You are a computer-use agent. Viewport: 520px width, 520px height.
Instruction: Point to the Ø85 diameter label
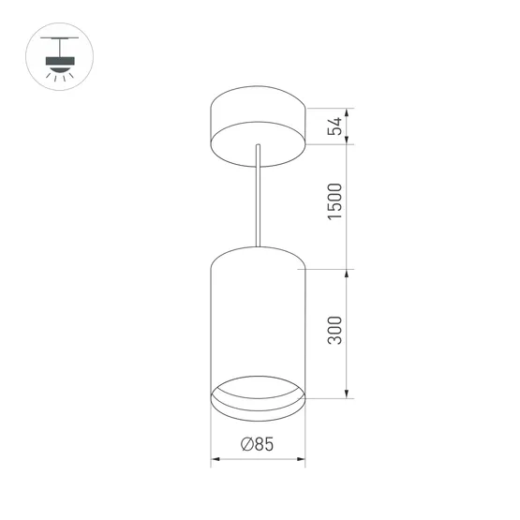(x=257, y=446)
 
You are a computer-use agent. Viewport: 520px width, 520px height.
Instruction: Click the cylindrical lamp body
(x=259, y=319)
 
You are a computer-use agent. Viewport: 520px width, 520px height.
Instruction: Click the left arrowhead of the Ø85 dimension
(x=215, y=460)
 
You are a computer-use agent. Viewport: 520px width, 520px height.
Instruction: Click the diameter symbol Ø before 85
(x=246, y=446)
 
